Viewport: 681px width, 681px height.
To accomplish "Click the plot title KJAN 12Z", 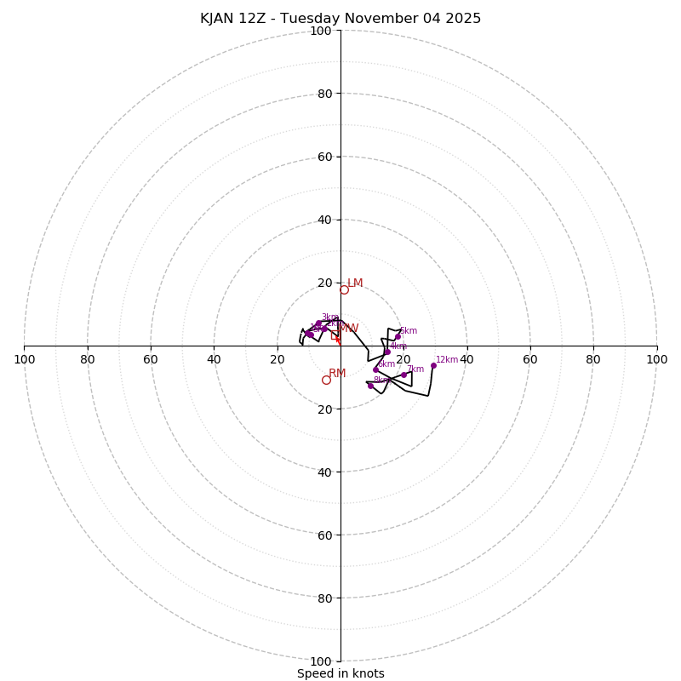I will pyautogui.click(x=340, y=19).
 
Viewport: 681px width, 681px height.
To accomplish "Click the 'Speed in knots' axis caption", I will pyautogui.click(x=340, y=673).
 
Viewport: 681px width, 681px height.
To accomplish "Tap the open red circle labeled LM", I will pyautogui.click(x=344, y=290).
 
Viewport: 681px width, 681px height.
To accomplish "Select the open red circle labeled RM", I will pyautogui.click(x=326, y=380).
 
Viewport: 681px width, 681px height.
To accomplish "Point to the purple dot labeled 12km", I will pyautogui.click(x=433, y=365).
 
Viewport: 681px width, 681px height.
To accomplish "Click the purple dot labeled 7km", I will pyautogui.click(x=403, y=375).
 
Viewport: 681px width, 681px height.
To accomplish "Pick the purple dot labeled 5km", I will pyautogui.click(x=398, y=336).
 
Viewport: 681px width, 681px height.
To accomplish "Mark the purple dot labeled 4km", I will pyautogui.click(x=387, y=352).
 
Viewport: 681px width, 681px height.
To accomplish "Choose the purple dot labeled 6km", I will pyautogui.click(x=375, y=370).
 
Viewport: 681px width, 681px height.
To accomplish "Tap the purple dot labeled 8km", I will pyautogui.click(x=370, y=386).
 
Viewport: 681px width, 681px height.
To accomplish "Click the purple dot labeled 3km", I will pyautogui.click(x=318, y=323).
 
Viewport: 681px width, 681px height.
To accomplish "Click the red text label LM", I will pyautogui.click(x=355, y=283).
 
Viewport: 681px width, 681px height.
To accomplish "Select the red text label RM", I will pyautogui.click(x=337, y=374).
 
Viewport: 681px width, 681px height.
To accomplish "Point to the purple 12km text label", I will pyautogui.click(x=447, y=360).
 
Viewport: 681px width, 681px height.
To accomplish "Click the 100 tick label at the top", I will pyautogui.click(x=321, y=31).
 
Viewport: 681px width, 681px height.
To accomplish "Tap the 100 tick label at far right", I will pyautogui.click(x=656, y=359).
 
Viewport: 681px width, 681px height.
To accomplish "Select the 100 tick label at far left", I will pyautogui.click(x=25, y=359).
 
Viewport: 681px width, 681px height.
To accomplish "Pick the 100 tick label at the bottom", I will pyautogui.click(x=321, y=661).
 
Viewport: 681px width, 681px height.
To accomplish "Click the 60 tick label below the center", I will pyautogui.click(x=324, y=535).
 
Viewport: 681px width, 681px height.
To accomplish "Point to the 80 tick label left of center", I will pyautogui.click(x=88, y=359).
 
